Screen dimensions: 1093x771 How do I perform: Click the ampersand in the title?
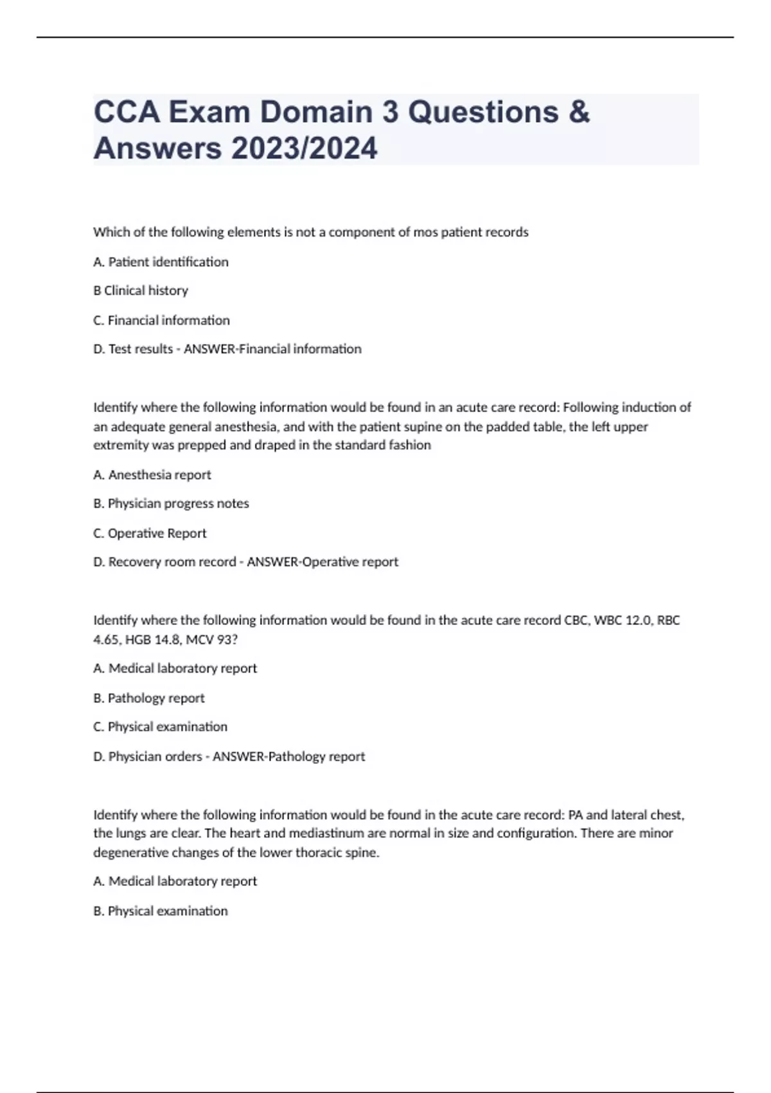579,112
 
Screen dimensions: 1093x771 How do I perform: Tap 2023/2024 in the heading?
305,149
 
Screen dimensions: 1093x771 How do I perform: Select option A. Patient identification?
161,262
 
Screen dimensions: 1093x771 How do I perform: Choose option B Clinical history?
141,291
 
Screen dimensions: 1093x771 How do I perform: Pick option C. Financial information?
161,320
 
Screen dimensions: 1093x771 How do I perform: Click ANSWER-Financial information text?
272,349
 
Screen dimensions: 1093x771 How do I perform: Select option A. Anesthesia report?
152,474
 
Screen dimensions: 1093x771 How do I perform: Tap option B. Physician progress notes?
171,503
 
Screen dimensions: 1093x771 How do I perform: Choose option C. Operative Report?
150,533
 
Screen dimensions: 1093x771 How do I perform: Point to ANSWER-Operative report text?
323,562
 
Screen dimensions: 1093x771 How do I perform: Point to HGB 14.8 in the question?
152,640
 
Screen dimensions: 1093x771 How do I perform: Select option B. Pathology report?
149,698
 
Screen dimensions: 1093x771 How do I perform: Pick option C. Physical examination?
160,727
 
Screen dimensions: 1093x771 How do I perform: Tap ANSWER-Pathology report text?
288,757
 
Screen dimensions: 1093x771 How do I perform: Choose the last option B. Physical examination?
160,911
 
